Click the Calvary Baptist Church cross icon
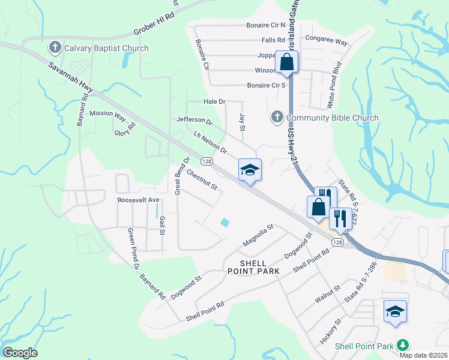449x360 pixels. [x=55, y=48]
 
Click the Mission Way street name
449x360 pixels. [x=107, y=113]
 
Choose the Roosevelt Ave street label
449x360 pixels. [x=138, y=199]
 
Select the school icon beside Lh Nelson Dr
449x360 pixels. [x=250, y=169]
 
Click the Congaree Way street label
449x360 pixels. [x=327, y=43]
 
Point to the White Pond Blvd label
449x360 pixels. [x=334, y=85]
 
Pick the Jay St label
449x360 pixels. [x=243, y=119]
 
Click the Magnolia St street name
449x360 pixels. [x=258, y=235]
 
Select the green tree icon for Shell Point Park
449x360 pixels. [x=403, y=345]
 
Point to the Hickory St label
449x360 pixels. [x=330, y=331]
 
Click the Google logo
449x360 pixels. [x=20, y=353]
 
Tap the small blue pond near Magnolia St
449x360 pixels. [x=224, y=223]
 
